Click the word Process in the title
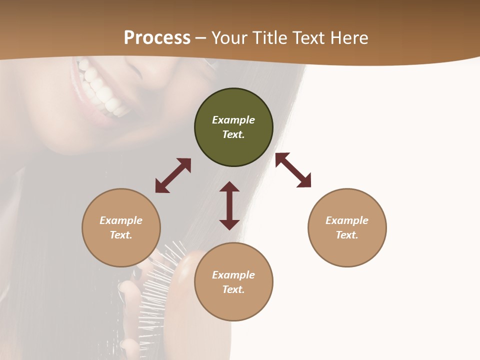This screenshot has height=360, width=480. [157, 37]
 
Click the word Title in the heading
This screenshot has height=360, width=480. [269, 38]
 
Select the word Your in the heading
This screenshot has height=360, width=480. [229, 38]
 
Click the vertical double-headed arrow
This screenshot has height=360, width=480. [229, 205]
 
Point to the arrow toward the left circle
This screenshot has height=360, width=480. [173, 175]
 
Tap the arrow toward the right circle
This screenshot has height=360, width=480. [293, 170]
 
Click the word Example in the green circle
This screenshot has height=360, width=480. [233, 120]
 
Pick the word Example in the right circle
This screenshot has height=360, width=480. [347, 220]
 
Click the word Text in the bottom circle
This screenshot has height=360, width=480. [233, 289]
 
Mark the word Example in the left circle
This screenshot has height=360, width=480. [121, 220]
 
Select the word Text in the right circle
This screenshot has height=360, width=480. [346, 235]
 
